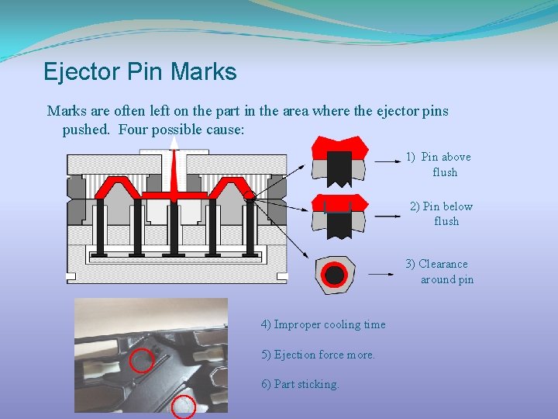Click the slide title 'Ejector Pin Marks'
139,72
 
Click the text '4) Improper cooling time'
323,324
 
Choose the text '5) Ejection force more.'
319,355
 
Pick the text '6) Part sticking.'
301,384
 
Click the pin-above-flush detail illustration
339,161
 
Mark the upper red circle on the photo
141,360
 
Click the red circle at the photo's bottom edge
183,406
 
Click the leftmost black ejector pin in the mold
102,226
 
